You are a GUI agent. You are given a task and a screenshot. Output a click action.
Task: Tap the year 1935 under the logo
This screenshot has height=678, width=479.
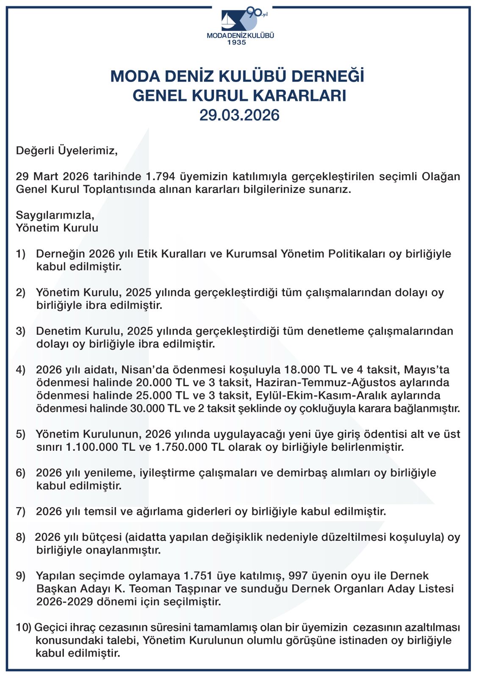pos(237,42)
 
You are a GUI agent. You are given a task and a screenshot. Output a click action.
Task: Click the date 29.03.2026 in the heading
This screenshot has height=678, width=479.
pos(239,115)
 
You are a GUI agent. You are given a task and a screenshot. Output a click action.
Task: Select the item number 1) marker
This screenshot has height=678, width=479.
pos(21,254)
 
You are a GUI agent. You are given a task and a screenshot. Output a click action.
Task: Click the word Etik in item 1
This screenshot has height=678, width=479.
pos(146,254)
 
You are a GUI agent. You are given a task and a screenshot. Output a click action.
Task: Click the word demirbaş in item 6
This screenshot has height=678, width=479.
pos(302,473)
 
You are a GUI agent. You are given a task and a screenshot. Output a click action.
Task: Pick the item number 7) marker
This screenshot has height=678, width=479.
pos(21,511)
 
